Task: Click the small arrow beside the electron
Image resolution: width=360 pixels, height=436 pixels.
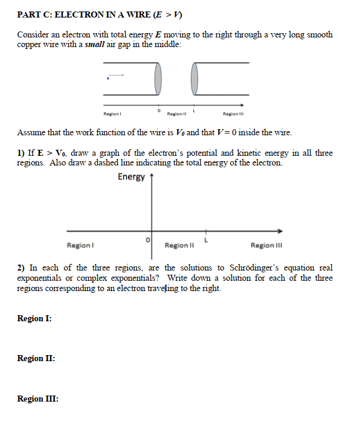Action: coord(117,75)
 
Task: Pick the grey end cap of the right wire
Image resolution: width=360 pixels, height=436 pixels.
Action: coord(194,78)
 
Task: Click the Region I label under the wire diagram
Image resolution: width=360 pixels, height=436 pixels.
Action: coord(113,114)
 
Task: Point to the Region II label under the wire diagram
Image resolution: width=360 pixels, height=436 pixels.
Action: coord(176,114)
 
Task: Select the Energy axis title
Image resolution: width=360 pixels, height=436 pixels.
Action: coord(131,177)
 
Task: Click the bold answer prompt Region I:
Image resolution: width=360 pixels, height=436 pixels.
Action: coord(34,318)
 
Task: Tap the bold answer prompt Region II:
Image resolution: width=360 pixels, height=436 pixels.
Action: coord(36,358)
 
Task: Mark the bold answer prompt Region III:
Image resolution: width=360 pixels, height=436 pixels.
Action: coord(37,399)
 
